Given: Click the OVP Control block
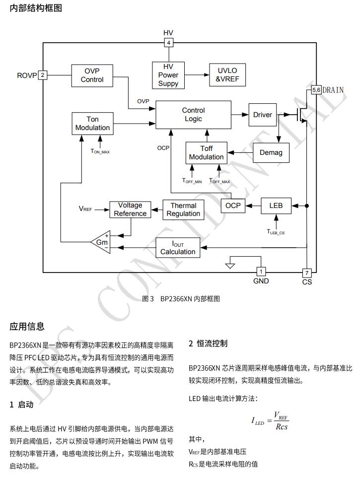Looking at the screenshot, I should [92, 75].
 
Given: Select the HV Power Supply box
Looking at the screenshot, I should [168, 75].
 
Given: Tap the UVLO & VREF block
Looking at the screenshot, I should [227, 75].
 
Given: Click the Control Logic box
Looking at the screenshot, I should [193, 115].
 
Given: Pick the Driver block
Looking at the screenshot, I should [263, 115].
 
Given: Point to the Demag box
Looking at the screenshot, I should [271, 152].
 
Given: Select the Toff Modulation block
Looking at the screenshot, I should [207, 153].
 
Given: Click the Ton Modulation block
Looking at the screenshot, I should [92, 123].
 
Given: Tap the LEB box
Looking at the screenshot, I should [276, 206].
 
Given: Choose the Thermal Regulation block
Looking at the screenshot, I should [183, 209].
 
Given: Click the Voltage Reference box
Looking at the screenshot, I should [130, 209].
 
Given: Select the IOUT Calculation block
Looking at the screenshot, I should [178, 247].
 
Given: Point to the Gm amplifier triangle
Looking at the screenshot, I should [102, 242].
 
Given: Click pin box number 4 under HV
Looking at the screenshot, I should [169, 43].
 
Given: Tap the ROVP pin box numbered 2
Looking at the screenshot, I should [43, 75].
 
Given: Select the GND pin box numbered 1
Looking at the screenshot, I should [261, 272].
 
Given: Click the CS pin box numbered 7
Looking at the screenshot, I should [307, 273].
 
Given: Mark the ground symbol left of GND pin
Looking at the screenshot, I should [229, 265].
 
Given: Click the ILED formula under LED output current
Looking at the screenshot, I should [270, 421].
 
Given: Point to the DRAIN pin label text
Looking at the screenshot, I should [333, 90].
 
